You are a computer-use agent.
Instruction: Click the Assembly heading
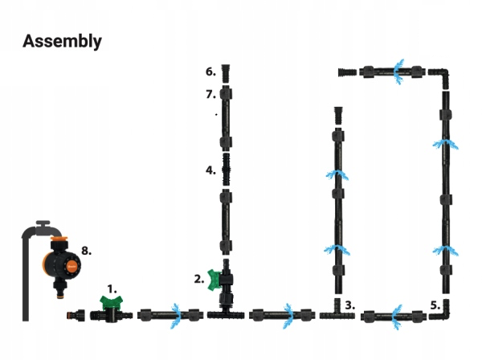click(62, 41)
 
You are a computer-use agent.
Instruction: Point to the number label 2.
click(198, 279)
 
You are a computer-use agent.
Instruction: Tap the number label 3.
click(349, 306)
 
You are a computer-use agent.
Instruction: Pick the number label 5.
click(435, 306)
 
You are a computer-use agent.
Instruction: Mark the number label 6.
click(210, 72)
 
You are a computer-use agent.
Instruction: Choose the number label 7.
click(210, 94)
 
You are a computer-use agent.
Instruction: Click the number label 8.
click(86, 251)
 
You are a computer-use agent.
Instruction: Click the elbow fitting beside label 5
click(441, 313)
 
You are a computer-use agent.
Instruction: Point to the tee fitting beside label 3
click(333, 313)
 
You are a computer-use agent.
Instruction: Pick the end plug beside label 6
click(226, 72)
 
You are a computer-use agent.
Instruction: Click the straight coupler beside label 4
click(226, 170)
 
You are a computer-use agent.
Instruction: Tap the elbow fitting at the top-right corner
click(442, 76)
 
